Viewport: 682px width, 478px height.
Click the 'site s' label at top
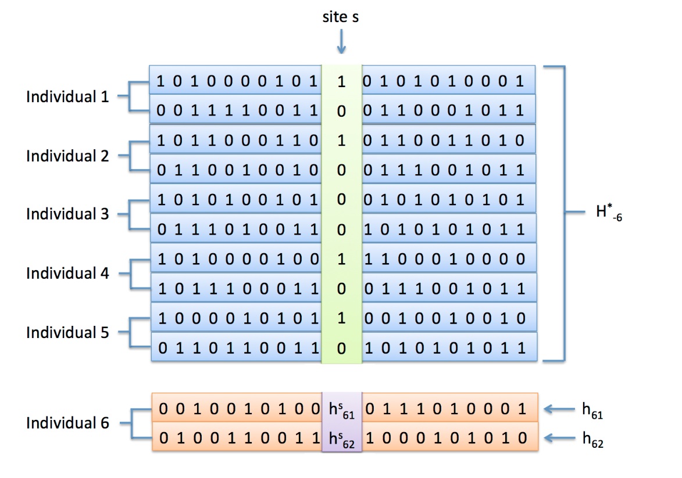[341, 17]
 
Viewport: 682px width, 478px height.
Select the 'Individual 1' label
[67, 96]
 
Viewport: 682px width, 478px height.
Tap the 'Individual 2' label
[67, 156]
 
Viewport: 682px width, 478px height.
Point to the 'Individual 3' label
[67, 214]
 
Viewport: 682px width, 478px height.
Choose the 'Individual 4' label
[67, 273]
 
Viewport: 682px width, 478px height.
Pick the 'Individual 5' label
[67, 332]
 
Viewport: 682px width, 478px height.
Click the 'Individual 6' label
[67, 423]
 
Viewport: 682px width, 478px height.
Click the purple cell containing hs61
[342, 409]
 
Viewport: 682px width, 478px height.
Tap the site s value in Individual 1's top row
[341, 82]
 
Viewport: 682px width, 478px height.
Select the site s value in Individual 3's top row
[341, 200]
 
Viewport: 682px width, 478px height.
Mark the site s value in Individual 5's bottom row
[341, 348]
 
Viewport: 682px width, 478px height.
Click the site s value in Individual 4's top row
[341, 259]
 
